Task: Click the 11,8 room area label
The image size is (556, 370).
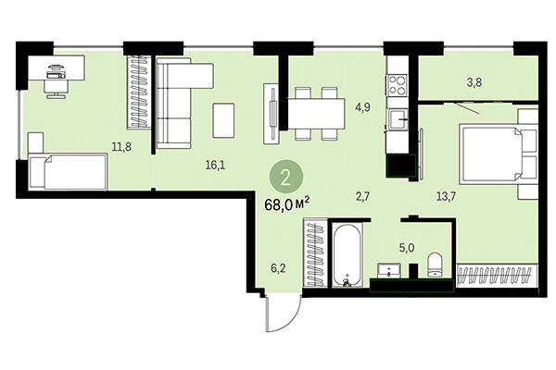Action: point(120,145)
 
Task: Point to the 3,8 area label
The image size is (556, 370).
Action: point(474,82)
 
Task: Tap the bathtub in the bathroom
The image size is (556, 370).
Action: point(348,253)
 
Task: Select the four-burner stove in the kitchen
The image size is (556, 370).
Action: point(398,85)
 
